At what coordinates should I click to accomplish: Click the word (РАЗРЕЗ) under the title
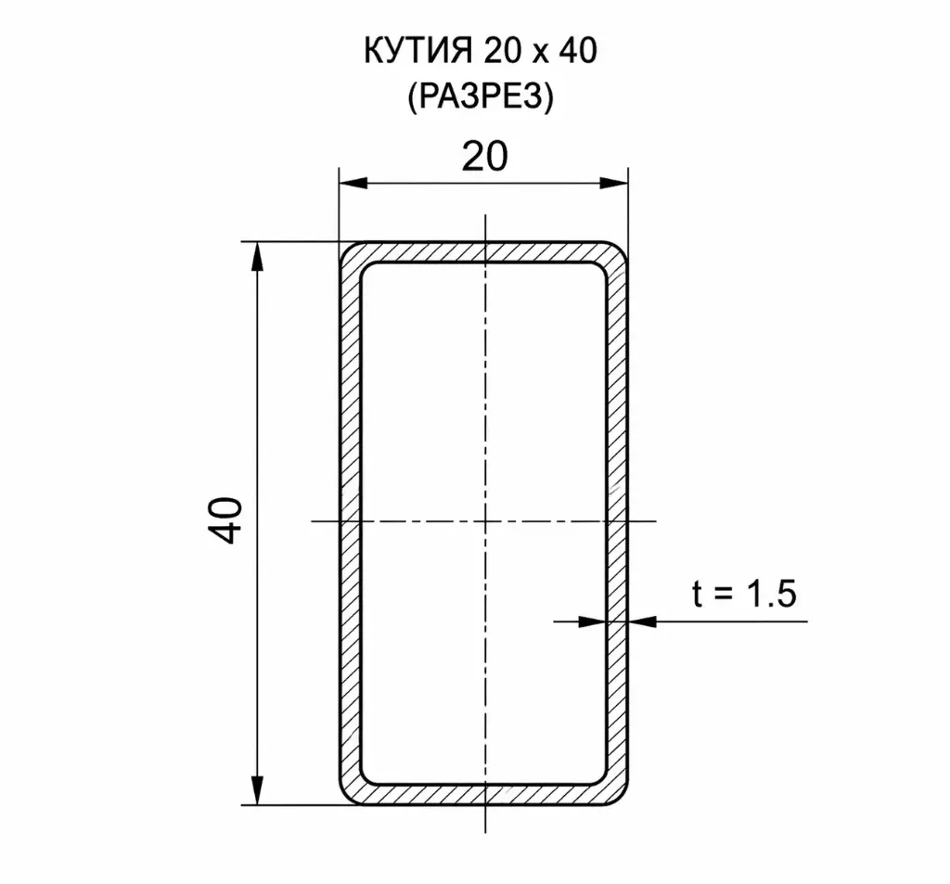pyautogui.click(x=479, y=96)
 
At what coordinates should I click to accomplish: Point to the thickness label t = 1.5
pyautogui.click(x=744, y=593)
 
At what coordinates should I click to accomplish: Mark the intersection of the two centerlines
pyautogui.click(x=484, y=520)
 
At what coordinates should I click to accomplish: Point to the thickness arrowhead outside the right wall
pyautogui.click(x=642, y=621)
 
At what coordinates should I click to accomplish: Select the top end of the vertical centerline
pyautogui.click(x=484, y=215)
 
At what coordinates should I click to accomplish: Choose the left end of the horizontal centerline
pyautogui.click(x=313, y=520)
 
